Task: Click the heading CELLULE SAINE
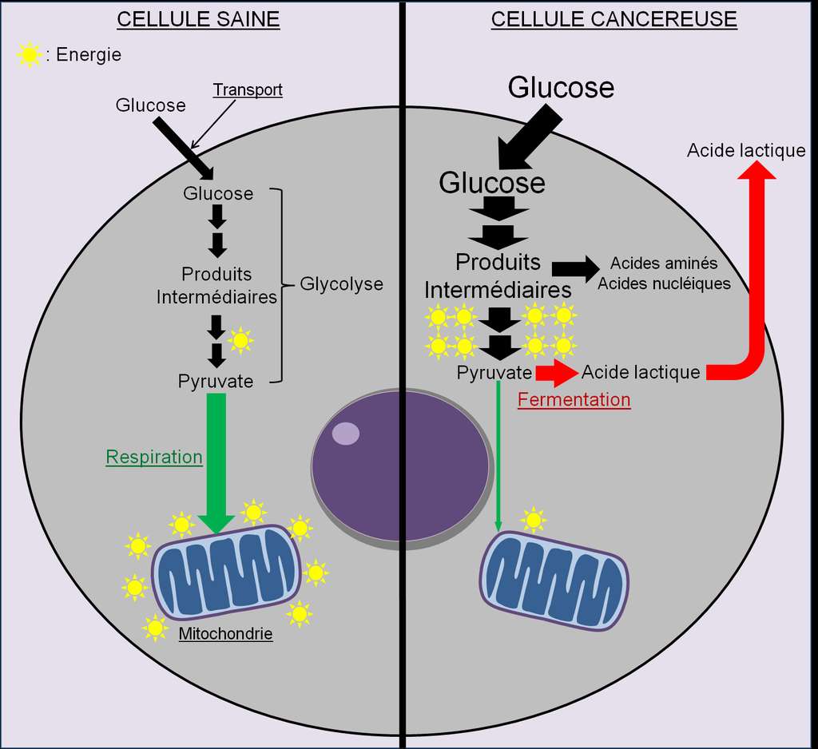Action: pyautogui.click(x=198, y=19)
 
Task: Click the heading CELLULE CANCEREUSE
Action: pyautogui.click(x=613, y=19)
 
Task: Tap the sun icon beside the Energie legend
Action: pyautogui.click(x=30, y=55)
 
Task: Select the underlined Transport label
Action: pyautogui.click(x=247, y=89)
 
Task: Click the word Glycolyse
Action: pyautogui.click(x=341, y=284)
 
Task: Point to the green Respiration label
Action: pyautogui.click(x=154, y=458)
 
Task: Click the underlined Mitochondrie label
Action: pyautogui.click(x=225, y=635)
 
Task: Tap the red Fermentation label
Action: pyautogui.click(x=574, y=399)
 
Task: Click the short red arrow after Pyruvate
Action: pyautogui.click(x=555, y=372)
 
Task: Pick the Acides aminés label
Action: pyautogui.click(x=664, y=264)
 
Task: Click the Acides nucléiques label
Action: pyautogui.click(x=664, y=283)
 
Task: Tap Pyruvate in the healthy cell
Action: pyautogui.click(x=216, y=382)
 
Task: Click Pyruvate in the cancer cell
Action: pyautogui.click(x=494, y=372)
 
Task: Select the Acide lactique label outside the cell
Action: pyautogui.click(x=746, y=150)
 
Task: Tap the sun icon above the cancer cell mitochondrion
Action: pyautogui.click(x=534, y=520)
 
